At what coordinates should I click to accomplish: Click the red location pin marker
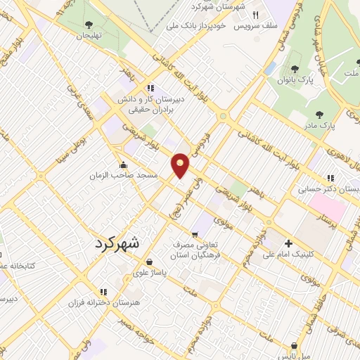(181, 165)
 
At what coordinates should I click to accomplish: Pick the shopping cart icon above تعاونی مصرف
(195, 233)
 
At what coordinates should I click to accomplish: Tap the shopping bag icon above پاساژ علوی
(149, 262)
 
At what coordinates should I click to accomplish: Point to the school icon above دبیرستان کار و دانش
(150, 89)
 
